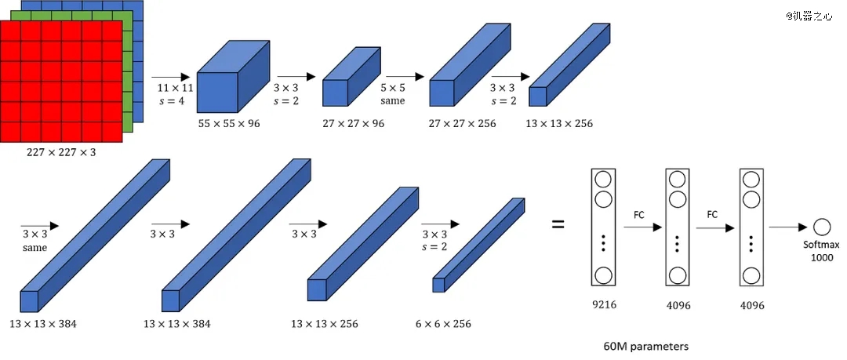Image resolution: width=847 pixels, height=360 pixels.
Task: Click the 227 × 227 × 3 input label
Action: point(61,152)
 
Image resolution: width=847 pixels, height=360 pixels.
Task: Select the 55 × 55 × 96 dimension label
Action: point(229,124)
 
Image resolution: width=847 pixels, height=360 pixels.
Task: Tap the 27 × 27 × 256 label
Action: point(463,124)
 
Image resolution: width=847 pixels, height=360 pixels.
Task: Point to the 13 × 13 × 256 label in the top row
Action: point(559,124)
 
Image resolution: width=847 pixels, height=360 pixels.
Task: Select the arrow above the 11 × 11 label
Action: point(170,78)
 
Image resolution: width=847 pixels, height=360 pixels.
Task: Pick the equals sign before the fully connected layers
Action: point(558,224)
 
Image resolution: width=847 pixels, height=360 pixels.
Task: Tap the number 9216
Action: point(603,304)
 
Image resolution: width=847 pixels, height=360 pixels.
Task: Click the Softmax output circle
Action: point(822,227)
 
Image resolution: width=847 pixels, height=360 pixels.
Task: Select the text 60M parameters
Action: point(645,346)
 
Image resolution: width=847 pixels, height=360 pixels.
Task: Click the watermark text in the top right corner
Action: point(809,16)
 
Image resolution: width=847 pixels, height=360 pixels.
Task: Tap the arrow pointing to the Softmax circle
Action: point(789,227)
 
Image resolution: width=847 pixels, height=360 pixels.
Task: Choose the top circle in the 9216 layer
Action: point(603,179)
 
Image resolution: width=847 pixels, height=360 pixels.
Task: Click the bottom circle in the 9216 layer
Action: point(603,275)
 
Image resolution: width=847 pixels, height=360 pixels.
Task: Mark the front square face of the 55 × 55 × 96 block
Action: point(217,93)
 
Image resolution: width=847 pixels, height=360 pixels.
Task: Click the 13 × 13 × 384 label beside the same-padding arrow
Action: point(42,325)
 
